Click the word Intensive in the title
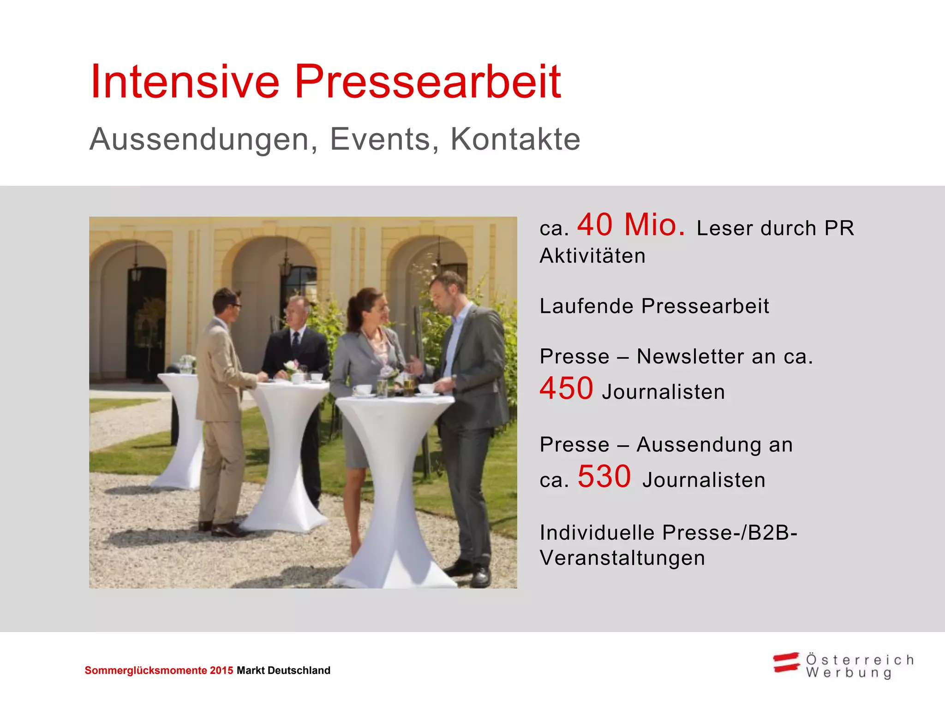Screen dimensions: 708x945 [185, 82]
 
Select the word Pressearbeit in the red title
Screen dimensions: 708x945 [427, 82]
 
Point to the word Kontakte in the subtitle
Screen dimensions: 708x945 [515, 139]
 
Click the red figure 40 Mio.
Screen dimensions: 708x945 [631, 225]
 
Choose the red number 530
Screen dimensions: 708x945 [604, 477]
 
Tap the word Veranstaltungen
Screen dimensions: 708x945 [622, 558]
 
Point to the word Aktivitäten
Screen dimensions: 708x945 [592, 256]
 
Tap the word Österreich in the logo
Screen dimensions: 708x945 [860, 660]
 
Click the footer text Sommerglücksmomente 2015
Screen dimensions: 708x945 [159, 671]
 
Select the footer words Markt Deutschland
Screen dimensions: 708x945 [283, 671]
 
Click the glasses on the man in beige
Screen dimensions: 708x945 [235, 305]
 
